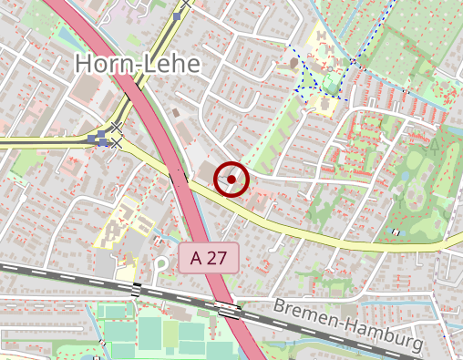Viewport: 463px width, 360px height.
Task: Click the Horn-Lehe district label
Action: click(x=137, y=63)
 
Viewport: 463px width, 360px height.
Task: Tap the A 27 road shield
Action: click(x=208, y=258)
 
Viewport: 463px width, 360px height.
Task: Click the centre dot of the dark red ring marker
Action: click(x=231, y=180)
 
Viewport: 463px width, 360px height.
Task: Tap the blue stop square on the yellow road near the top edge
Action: click(x=176, y=17)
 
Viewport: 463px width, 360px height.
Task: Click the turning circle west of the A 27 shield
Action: click(x=161, y=265)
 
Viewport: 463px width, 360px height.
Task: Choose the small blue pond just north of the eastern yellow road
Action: click(x=396, y=232)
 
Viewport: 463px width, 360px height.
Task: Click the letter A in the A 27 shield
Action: click(x=197, y=258)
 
